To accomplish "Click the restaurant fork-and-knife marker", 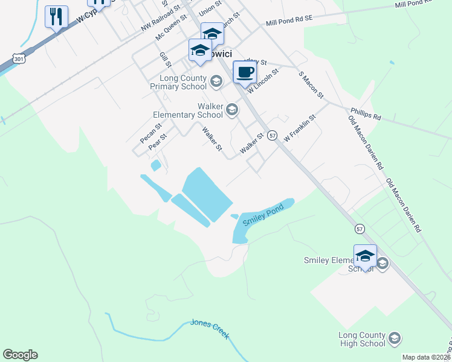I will [x=57, y=17].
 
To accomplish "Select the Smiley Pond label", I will [x=263, y=218].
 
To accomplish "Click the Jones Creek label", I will [x=210, y=328].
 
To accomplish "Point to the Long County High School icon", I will [x=395, y=338].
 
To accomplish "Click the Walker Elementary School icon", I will [x=233, y=109].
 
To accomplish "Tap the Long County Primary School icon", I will [x=216, y=80].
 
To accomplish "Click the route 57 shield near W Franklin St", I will [x=273, y=136].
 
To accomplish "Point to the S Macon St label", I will [x=311, y=84].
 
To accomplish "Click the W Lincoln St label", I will [x=263, y=80].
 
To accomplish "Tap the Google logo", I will [x=20, y=355].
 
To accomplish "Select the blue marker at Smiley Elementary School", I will [x=365, y=256].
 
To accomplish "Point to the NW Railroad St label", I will [x=161, y=20].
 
